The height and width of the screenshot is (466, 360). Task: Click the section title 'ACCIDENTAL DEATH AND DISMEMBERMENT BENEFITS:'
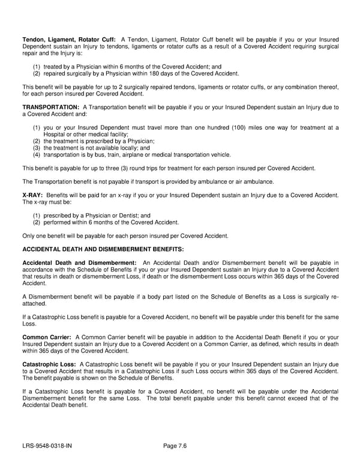(x=103, y=249)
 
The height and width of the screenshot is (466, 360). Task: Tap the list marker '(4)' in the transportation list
(x=37, y=154)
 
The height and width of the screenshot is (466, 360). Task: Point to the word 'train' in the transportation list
(x=106, y=154)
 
